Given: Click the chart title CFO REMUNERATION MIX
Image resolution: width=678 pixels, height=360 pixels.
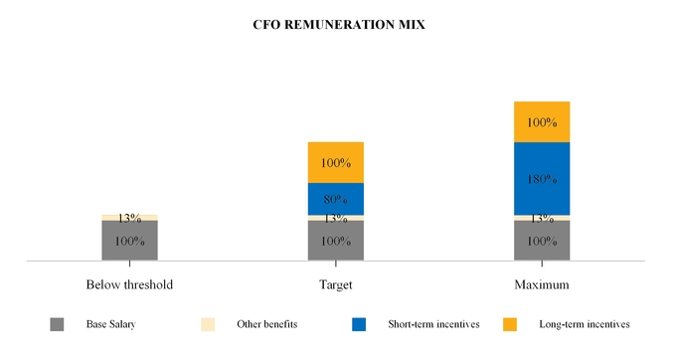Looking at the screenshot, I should [x=339, y=25].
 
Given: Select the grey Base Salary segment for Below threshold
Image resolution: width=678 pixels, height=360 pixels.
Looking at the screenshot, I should [x=129, y=241].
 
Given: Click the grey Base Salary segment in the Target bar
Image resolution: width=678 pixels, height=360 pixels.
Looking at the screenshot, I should [x=336, y=241].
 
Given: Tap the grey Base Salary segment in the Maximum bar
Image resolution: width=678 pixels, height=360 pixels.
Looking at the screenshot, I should [x=542, y=241].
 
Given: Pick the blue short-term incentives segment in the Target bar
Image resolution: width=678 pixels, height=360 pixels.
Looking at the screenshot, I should [x=336, y=199].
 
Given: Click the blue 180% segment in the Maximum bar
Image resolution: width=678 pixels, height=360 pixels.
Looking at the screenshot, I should [x=542, y=178].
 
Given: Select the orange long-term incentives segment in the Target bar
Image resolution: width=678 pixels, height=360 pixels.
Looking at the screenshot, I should [x=336, y=162].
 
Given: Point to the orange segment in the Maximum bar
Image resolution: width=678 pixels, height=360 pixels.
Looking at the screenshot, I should [x=542, y=121].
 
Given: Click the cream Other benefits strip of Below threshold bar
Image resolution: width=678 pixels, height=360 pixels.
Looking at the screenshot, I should [x=129, y=217].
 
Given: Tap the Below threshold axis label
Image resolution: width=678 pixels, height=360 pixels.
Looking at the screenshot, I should [x=129, y=284].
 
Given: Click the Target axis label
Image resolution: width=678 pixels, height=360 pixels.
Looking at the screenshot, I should [x=336, y=284].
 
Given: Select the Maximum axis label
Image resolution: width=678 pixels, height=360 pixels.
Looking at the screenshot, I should [x=542, y=284].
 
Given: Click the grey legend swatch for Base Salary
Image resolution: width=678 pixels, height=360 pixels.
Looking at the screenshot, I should [x=57, y=324].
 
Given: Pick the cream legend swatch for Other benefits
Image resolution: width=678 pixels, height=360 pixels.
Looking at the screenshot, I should [x=208, y=324].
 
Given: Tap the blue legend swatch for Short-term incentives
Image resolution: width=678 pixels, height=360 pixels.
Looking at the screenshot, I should [x=359, y=324].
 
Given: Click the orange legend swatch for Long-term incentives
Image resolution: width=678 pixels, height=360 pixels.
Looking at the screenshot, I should [x=510, y=324].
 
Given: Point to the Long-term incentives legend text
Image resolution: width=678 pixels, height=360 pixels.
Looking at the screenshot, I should [x=584, y=324].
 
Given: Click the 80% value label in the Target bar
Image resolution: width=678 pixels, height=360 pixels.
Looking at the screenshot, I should [x=336, y=200].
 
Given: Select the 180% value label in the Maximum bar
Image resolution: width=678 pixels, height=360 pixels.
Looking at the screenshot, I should [x=542, y=179].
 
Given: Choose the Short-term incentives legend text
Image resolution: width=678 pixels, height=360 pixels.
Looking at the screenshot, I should [x=433, y=324].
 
